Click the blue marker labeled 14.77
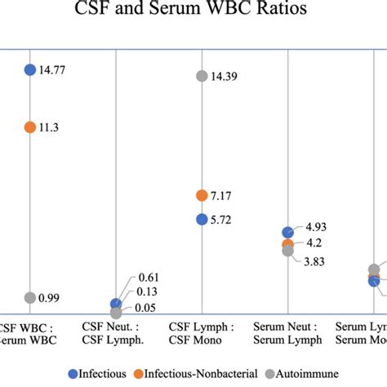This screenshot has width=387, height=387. point(30,70)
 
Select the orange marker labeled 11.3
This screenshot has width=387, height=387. point(30,127)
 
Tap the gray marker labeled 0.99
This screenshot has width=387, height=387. point(30,298)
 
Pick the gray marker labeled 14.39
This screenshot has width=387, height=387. point(202,76)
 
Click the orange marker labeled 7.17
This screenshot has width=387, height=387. point(202,195)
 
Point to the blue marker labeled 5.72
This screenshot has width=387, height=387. point(202,219)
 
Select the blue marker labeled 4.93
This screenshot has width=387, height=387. point(287,233)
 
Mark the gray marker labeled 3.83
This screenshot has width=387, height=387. point(287,251)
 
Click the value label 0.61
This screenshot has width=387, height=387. point(149,278)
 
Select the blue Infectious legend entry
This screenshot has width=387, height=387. point(98,374)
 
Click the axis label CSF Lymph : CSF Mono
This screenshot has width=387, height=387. point(202,333)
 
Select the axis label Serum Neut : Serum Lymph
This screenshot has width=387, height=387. point(287,333)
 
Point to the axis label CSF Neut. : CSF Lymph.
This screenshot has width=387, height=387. point(116,333)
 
